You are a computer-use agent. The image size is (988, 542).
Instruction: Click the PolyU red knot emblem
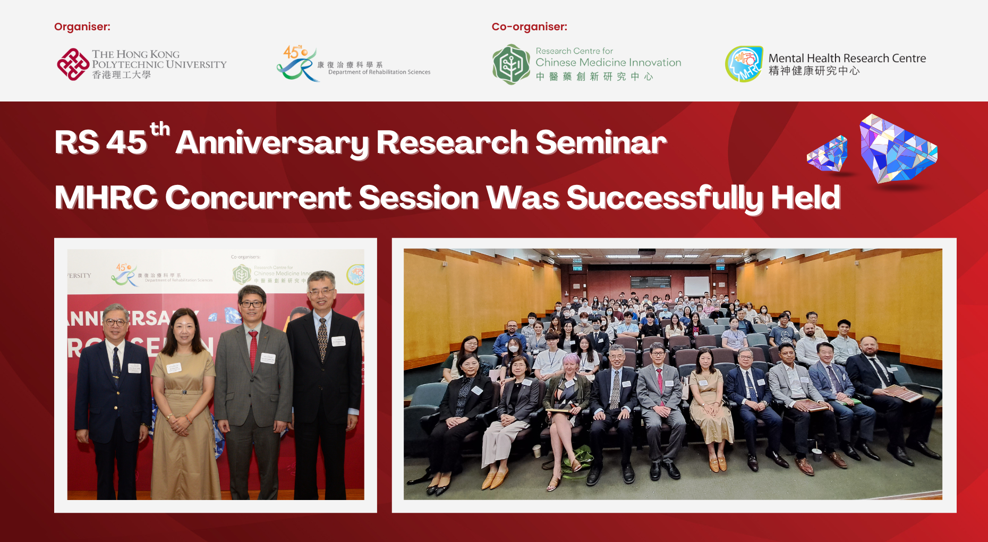73,64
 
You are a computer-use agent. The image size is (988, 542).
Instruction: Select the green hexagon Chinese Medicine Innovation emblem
510,64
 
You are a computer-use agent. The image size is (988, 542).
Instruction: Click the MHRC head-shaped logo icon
744,64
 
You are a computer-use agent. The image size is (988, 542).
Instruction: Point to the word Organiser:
82,27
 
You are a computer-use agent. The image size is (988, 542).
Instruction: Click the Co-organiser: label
529,27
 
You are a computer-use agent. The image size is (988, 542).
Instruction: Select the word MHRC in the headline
105,198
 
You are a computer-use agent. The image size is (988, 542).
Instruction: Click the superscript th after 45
159,129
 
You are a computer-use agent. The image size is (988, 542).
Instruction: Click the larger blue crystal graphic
898,150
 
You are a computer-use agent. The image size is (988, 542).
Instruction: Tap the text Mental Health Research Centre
847,58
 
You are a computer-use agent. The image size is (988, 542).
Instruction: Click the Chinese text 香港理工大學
121,75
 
